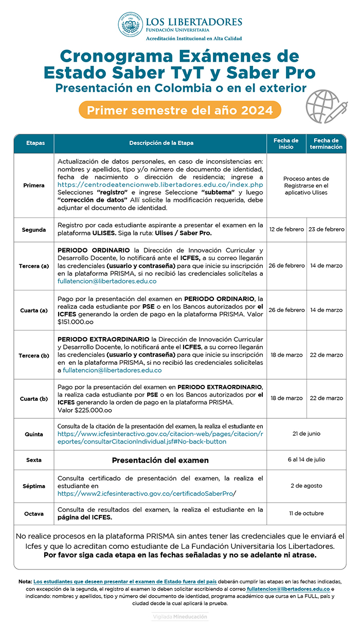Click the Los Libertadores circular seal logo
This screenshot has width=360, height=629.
[x=131, y=25]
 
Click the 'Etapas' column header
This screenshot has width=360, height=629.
[x=34, y=143]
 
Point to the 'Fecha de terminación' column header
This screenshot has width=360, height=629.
[x=326, y=143]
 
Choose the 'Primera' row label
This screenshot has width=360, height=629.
[x=34, y=186]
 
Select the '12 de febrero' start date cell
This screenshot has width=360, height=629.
[x=286, y=229]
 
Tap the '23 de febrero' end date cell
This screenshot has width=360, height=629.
[x=326, y=229]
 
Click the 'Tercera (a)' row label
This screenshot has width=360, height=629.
[x=34, y=266]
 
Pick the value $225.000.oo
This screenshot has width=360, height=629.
[x=85, y=410]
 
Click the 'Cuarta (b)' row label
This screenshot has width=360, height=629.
[x=34, y=398]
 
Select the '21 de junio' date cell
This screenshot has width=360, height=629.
[x=306, y=434]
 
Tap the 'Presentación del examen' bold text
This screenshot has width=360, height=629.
[x=160, y=460]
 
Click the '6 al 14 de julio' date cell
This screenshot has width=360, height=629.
[x=306, y=460]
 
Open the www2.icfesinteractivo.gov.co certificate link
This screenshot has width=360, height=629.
[x=147, y=493]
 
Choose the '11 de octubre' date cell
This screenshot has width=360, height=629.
[x=306, y=513]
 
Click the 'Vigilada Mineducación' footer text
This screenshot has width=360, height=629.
[x=180, y=616]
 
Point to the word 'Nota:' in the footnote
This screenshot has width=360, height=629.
[x=24, y=581]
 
